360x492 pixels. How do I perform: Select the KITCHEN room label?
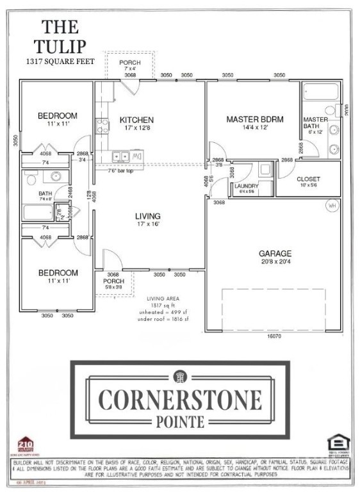136,120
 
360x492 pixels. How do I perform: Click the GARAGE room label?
276,253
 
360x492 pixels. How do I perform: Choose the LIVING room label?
147,216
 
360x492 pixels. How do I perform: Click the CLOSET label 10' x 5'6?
309,181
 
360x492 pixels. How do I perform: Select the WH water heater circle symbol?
332,206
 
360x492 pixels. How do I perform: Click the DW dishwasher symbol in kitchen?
136,156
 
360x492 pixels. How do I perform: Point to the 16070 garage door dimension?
274,336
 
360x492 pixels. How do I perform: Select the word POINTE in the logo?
180,421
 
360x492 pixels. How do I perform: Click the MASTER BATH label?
315,123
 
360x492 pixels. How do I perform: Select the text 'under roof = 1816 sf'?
166,317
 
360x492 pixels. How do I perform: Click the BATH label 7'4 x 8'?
45,193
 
